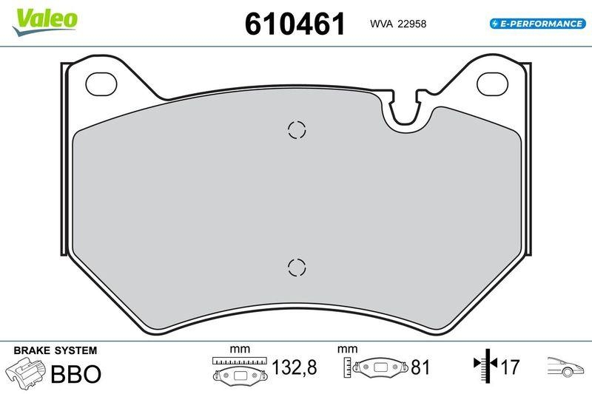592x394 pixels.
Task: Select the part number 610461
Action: [295, 24]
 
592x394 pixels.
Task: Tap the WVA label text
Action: [381, 24]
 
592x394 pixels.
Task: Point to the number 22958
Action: [412, 24]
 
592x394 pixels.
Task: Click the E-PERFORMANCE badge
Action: [538, 24]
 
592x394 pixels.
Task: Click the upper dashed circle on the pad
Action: [296, 130]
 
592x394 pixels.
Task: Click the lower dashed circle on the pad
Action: [296, 268]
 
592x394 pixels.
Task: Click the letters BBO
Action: [75, 373]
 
